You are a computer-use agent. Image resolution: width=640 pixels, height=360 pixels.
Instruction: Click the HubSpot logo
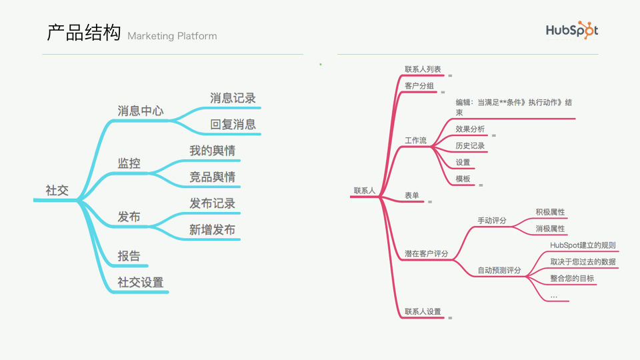[572, 30]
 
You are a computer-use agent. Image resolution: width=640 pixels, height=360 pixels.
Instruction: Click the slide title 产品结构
[84, 33]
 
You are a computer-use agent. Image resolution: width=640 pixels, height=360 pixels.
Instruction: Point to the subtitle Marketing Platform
[172, 36]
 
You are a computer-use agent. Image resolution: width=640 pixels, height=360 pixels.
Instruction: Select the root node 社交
[57, 190]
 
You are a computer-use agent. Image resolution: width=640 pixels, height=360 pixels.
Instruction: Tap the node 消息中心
[141, 111]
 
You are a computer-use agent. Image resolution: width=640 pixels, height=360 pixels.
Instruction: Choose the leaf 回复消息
[233, 124]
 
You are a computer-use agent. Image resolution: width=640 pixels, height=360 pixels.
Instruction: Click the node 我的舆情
[212, 151]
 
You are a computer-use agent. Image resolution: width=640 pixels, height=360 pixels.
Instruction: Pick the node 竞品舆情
[212, 177]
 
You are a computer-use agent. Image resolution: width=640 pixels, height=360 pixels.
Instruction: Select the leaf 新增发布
[212, 229]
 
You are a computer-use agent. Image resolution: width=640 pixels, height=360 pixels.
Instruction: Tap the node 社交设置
[141, 282]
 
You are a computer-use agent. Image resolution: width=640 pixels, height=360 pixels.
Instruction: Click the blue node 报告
[129, 256]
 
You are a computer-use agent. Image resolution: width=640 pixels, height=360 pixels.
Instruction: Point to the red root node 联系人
[365, 191]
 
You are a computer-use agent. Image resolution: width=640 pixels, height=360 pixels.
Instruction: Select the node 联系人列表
[423, 69]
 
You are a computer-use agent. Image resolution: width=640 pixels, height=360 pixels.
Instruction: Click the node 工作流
[415, 141]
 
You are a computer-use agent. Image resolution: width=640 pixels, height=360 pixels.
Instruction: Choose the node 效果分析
[470, 129]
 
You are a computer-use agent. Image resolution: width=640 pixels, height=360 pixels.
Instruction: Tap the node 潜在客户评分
[426, 253]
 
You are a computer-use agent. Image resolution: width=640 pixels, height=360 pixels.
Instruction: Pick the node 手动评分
[492, 221]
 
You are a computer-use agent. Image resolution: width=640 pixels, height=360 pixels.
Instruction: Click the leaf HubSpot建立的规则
[583, 245]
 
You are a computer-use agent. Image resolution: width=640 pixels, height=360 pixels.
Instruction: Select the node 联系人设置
[423, 311]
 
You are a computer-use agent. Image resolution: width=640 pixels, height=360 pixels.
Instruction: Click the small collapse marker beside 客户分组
[443, 92]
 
